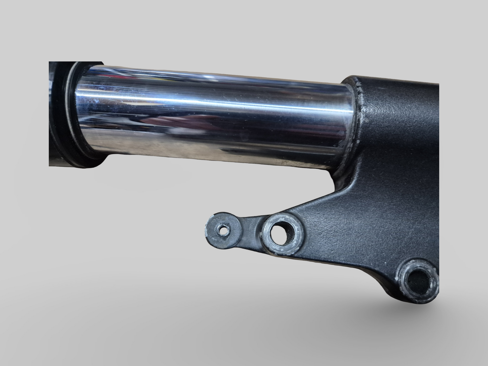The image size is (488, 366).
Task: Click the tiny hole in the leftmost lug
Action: point(223,231)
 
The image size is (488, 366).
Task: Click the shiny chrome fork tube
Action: point(216,111)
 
